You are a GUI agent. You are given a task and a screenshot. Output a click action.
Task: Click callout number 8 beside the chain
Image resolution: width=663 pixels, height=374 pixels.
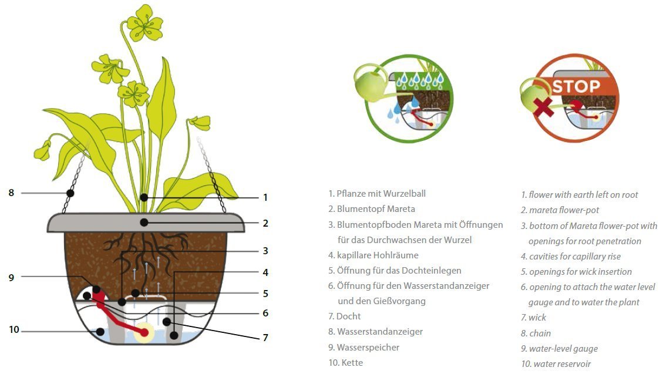[x=11, y=193]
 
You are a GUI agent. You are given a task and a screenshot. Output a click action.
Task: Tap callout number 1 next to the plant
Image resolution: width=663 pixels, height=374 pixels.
[x=265, y=197]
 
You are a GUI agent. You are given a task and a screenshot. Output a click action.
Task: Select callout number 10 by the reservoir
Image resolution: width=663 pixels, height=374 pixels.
[x=14, y=329]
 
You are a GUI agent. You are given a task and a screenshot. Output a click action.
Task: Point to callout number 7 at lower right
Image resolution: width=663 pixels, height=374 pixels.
[x=265, y=338]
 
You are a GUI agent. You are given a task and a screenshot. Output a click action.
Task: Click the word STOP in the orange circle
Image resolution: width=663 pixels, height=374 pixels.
[x=576, y=87]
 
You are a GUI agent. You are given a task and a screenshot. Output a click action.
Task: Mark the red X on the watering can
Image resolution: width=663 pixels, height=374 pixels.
[x=543, y=106]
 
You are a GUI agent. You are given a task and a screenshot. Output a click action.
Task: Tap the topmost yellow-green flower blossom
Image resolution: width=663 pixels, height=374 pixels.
[x=144, y=23]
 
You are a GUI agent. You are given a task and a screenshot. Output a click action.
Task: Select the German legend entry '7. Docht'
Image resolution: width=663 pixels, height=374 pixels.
[x=344, y=316]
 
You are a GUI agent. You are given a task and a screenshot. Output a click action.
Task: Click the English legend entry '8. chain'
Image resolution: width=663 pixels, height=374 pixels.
[x=536, y=333]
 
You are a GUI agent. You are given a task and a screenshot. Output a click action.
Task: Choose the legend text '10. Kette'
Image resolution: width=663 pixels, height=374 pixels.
[x=345, y=363]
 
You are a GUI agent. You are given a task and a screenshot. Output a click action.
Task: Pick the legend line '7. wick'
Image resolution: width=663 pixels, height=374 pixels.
[x=534, y=318]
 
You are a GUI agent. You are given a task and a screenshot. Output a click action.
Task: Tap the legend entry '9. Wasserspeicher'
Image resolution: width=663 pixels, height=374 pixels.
[x=364, y=348]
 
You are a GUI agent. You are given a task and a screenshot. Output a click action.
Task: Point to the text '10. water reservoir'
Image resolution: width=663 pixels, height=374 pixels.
[x=556, y=364]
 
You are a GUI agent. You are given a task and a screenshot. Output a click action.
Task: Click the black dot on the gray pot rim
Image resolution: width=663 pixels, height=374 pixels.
[x=144, y=223]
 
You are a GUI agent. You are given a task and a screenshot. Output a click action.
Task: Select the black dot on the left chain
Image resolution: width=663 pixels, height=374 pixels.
[x=70, y=193]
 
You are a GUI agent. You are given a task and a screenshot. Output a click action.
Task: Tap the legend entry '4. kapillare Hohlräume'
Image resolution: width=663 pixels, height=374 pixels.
[x=373, y=255]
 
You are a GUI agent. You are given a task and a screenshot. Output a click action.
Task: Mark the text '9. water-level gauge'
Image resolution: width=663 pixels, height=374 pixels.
[x=560, y=349]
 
